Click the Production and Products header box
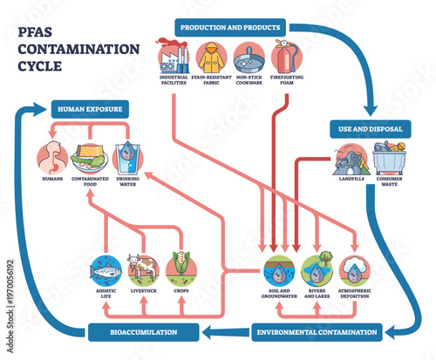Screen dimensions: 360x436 (229, 26)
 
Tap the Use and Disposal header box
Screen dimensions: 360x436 (370, 129)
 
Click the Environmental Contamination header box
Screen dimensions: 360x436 (318, 331)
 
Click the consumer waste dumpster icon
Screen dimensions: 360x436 (388, 162)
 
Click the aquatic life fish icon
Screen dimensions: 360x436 (106, 269)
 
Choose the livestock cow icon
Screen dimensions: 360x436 (143, 269)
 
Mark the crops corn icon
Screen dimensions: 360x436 (181, 269)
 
